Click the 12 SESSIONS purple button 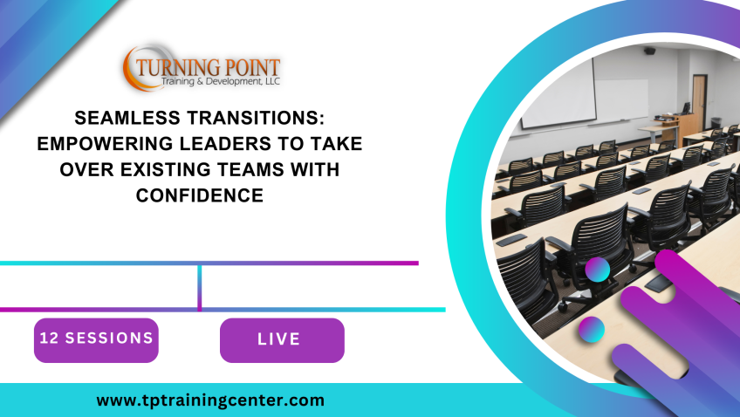[96, 340]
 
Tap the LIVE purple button [282, 340]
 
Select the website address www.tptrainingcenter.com [210, 400]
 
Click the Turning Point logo [202, 67]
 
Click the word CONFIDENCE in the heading [200, 195]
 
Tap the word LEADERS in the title [226, 144]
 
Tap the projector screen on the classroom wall [558, 93]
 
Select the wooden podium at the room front [682, 128]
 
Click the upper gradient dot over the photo [598, 270]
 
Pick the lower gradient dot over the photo [592, 329]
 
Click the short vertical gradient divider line [200, 287]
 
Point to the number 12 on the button [49, 338]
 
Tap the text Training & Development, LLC [221, 82]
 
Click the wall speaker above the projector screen [649, 51]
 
